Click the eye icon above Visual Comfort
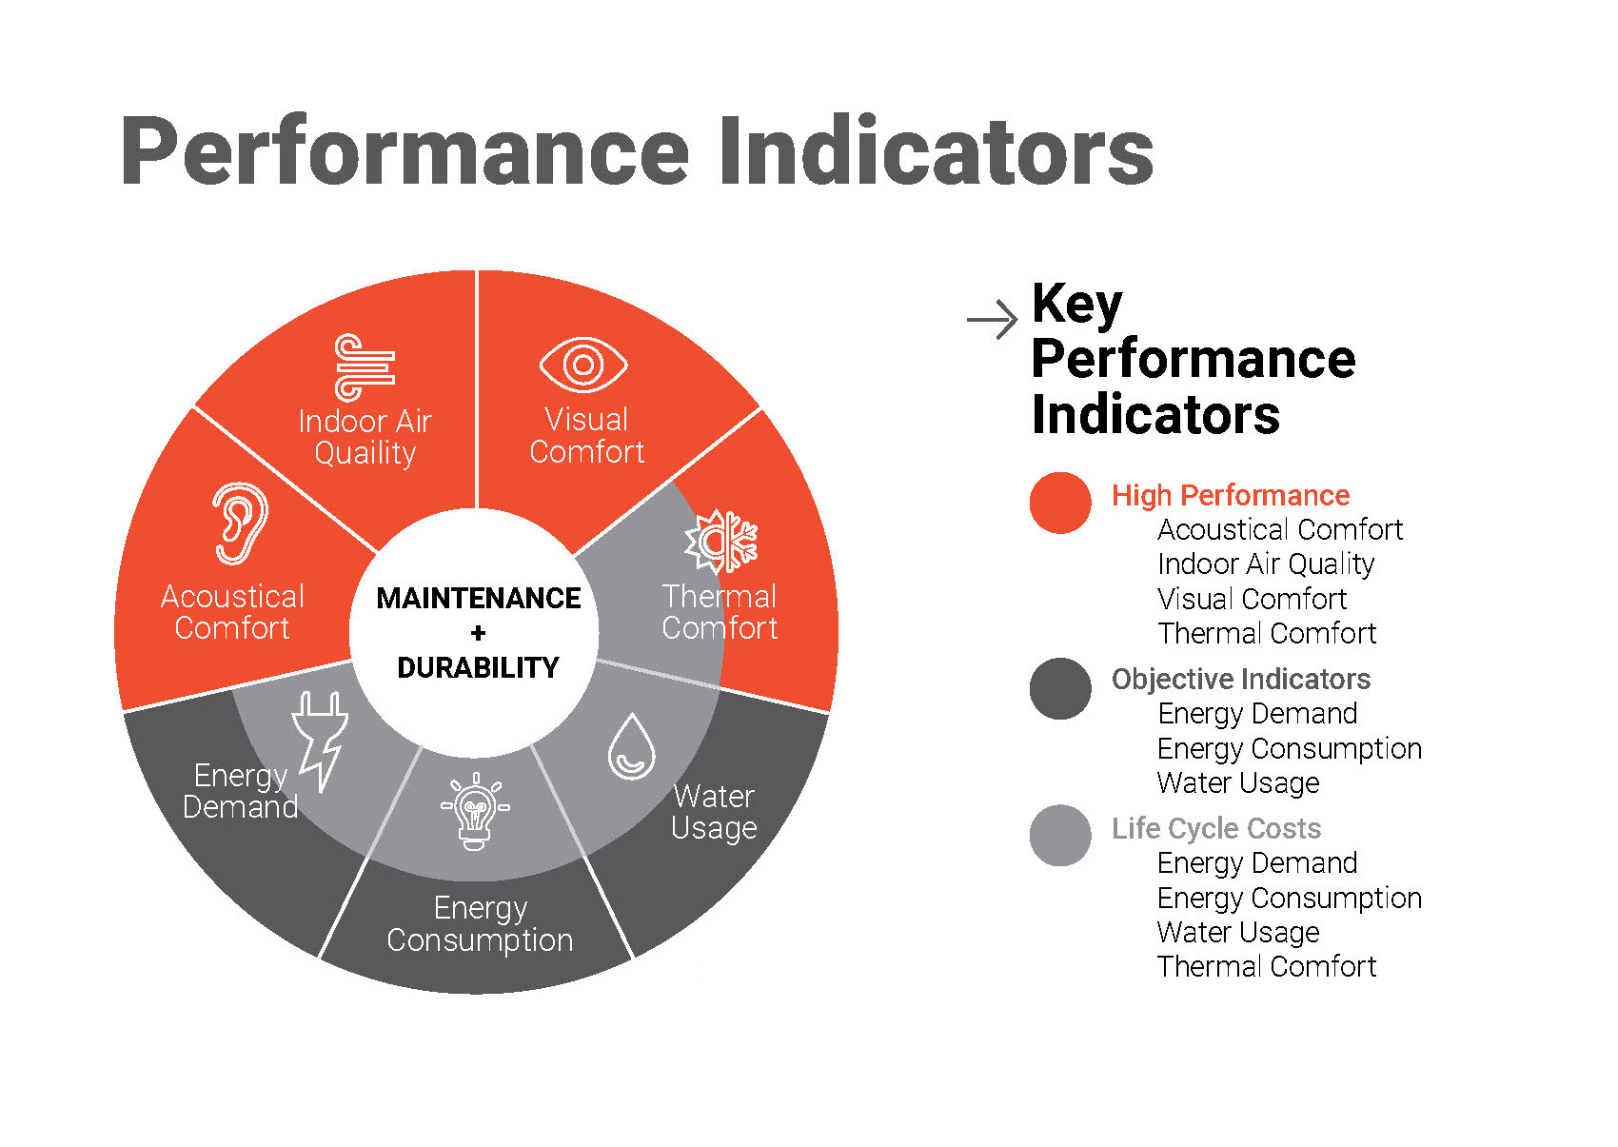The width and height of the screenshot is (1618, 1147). (583, 365)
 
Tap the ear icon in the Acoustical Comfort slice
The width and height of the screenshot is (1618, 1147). (239, 524)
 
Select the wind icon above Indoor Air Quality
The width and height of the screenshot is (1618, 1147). (365, 367)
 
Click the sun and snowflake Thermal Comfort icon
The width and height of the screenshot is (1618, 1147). (721, 541)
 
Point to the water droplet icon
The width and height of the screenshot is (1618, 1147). (631, 746)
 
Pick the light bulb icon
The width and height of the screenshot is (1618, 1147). (475, 812)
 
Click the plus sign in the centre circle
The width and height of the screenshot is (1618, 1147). (478, 633)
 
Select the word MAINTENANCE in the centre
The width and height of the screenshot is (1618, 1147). (478, 598)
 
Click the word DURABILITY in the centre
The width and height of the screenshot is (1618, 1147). (478, 668)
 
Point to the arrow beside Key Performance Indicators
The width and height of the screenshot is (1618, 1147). (992, 320)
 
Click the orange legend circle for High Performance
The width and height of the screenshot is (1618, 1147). (1060, 503)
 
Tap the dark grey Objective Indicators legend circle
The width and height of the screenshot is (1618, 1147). (1060, 688)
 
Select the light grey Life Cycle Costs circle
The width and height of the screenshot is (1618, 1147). (1060, 836)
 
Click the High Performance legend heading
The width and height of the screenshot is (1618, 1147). (1230, 495)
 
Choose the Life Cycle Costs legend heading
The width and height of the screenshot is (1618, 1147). (1215, 828)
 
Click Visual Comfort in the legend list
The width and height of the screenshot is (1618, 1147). (1252, 599)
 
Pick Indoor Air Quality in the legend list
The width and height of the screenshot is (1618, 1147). (1266, 564)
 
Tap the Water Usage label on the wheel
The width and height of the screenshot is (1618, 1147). (714, 812)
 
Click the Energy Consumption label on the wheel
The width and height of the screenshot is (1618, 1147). (480, 924)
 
